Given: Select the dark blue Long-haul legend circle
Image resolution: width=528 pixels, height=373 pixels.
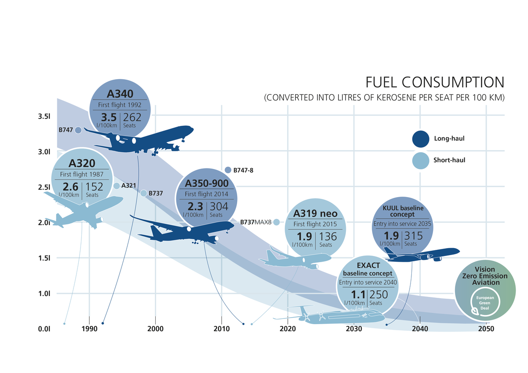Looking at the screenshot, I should tap(421, 139).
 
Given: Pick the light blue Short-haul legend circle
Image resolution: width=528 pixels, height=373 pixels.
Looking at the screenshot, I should tap(421, 160).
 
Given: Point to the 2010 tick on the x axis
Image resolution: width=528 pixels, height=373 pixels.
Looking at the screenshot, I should tap(221, 329).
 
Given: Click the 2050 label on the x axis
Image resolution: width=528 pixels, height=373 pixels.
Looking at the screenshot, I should tap(486, 329).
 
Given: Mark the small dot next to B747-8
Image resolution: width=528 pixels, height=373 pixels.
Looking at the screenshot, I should tap(228, 170).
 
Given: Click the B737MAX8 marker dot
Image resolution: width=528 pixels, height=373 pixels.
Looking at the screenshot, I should tap(276, 222).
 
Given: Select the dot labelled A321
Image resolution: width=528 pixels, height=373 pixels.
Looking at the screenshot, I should tap(117, 186).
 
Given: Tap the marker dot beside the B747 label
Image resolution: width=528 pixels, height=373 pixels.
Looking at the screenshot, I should tap(78, 130).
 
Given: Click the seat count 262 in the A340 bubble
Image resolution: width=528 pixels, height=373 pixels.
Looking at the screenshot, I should tap(132, 117).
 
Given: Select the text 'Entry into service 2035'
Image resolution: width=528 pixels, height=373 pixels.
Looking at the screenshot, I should tap(402, 223).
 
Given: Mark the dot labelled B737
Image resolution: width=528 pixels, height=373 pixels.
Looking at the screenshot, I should tap(143, 193).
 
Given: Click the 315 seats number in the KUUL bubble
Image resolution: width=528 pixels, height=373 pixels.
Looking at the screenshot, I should tap(413, 236).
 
